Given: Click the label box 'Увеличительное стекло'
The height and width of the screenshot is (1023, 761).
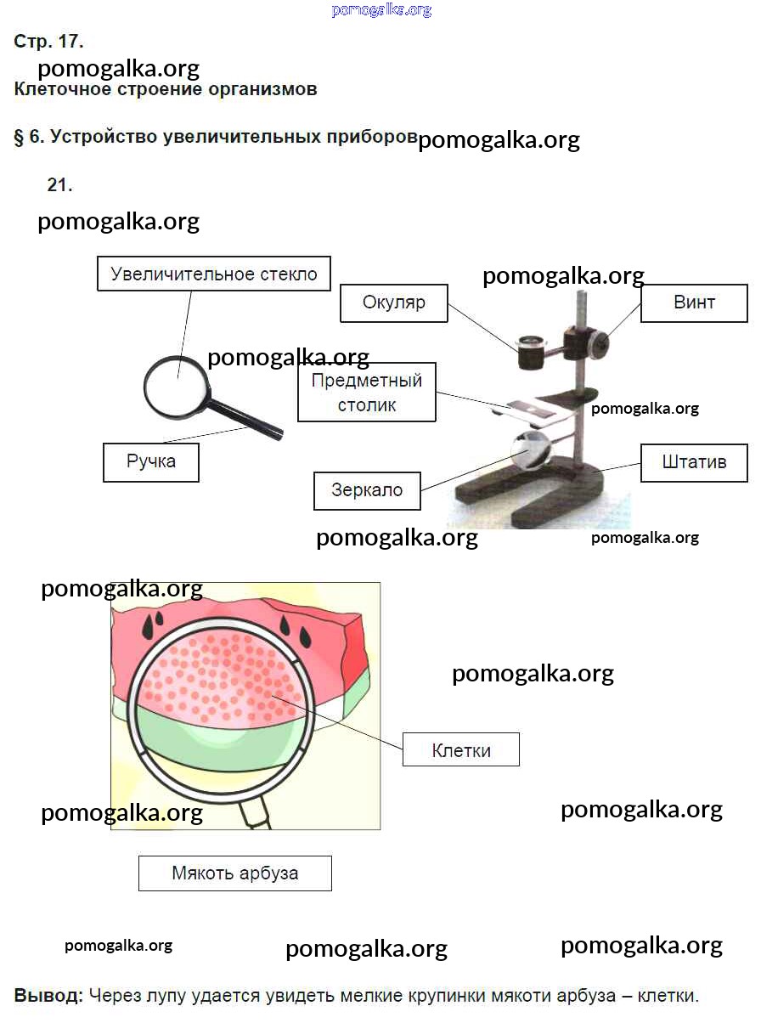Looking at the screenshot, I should [x=214, y=274].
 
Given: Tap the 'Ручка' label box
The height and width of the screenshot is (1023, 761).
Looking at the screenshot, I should [x=151, y=462].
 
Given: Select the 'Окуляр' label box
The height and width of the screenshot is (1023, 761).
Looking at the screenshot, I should [x=393, y=302].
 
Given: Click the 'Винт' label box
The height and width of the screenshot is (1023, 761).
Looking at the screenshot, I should [x=694, y=302].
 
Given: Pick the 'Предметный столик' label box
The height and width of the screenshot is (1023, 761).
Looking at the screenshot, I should [x=367, y=393].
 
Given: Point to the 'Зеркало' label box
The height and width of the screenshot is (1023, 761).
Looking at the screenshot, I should [x=367, y=490].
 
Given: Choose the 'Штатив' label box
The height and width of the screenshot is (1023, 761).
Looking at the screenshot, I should [x=694, y=463].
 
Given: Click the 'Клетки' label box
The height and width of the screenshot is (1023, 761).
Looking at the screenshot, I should [x=461, y=750].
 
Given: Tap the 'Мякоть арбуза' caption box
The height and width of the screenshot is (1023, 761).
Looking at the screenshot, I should [x=235, y=873].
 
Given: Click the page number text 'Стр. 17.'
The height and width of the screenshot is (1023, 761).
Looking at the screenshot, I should [x=48, y=41].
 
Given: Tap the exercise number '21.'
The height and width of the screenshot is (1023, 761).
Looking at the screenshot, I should [x=59, y=185].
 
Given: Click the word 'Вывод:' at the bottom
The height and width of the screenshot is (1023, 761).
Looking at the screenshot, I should [x=48, y=995].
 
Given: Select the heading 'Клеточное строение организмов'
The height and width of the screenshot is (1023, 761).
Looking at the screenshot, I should [x=166, y=89].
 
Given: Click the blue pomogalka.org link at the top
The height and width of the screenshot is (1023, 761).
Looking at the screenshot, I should [x=381, y=10].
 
